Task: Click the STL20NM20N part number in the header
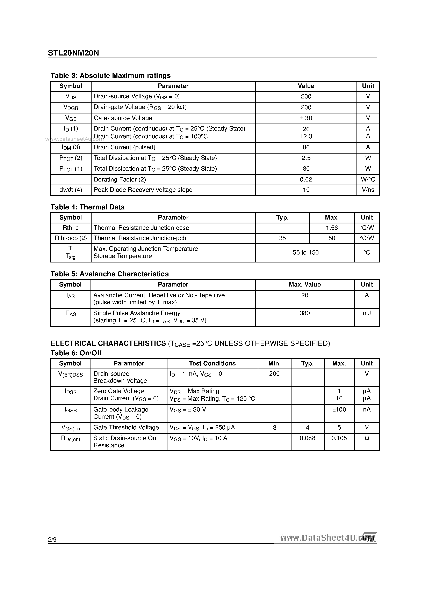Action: click(x=73, y=53)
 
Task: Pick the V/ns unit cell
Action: click(x=368, y=190)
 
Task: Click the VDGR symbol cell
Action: click(x=71, y=107)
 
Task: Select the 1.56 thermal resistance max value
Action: click(x=332, y=228)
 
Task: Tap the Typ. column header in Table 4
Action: click(x=282, y=217)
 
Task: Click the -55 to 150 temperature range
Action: click(x=304, y=252)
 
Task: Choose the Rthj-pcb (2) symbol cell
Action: click(x=71, y=238)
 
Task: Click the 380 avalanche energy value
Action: click(x=304, y=313)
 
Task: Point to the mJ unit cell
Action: click(x=367, y=313)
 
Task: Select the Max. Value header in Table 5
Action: click(x=304, y=284)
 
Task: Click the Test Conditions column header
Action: click(x=212, y=363)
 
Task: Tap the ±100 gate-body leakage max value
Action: click(x=339, y=409)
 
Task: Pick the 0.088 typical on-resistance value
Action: click(x=307, y=438)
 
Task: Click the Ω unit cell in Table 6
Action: click(x=367, y=438)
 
